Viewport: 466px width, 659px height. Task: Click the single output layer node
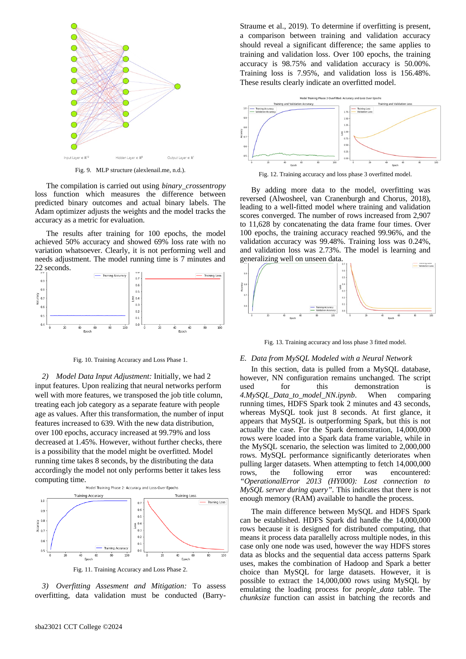178,86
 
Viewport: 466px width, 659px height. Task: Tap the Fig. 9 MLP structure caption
130,170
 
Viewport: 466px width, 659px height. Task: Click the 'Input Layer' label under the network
76,158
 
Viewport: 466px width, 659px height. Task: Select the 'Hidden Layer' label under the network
129,158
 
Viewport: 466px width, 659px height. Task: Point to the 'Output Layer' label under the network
180,158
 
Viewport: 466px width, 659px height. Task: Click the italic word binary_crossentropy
194,186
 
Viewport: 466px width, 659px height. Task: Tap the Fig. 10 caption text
130,360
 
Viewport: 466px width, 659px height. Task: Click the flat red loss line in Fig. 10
182,279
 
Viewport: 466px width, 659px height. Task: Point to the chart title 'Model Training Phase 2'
132,488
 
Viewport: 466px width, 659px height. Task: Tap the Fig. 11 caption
130,570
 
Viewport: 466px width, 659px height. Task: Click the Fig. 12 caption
335,174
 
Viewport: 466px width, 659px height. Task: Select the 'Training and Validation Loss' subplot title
395,104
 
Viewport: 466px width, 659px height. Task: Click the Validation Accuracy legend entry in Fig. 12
265,112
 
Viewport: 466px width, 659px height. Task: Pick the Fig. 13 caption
335,342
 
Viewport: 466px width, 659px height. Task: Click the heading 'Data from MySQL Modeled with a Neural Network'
331,358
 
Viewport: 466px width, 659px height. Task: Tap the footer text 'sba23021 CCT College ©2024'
78,627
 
